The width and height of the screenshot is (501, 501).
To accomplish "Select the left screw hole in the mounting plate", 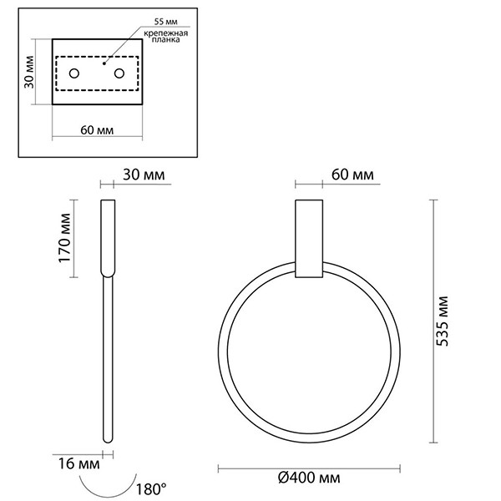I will point(74,74).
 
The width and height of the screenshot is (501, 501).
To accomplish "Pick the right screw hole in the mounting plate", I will point(119,74).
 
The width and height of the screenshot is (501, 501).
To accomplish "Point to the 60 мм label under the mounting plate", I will point(98,129).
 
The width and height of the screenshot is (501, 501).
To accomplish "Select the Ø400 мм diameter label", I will point(310,478).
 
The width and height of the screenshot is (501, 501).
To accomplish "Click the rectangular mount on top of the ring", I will point(308,238).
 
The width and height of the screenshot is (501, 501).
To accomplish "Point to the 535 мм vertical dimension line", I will point(433,322).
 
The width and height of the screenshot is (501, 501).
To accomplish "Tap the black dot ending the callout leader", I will point(103,61).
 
